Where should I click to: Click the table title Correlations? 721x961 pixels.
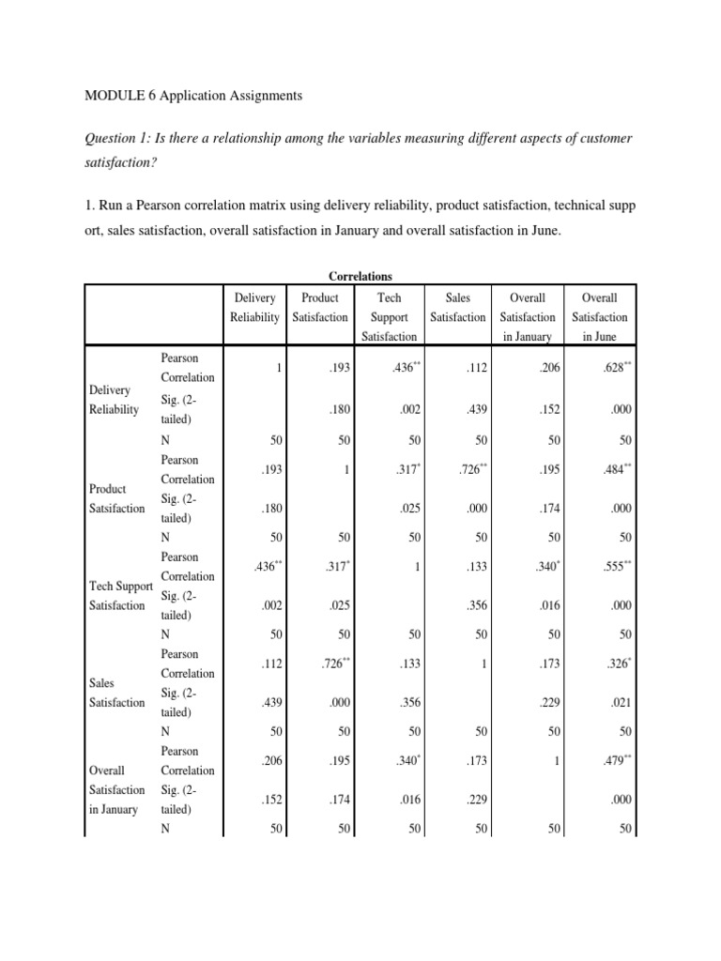(x=360, y=277)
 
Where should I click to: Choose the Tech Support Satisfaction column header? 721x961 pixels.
(x=389, y=316)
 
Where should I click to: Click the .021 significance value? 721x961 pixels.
(x=620, y=701)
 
